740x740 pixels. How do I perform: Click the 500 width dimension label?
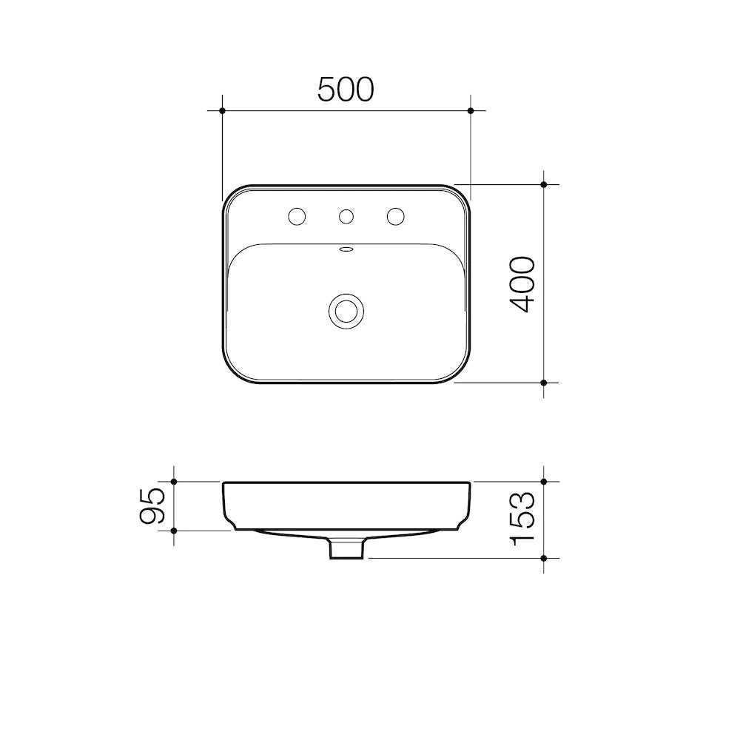(346, 90)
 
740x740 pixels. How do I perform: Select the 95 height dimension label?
(152, 506)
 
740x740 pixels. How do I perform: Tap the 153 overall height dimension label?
(522, 519)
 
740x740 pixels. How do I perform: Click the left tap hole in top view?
(297, 216)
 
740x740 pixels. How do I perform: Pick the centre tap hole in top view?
(346, 216)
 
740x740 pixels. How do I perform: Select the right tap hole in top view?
(395, 216)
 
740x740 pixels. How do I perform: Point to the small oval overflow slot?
(346, 249)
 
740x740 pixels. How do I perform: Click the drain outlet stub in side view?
(346, 549)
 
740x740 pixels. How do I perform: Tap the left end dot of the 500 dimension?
(222, 110)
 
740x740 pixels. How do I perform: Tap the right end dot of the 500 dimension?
(471, 110)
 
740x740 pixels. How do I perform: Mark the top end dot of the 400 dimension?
(544, 184)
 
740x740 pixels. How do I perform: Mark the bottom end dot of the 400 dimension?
(544, 383)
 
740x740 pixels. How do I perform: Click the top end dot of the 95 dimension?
(173, 482)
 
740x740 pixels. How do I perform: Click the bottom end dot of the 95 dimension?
(173, 531)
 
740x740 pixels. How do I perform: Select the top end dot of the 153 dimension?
(544, 482)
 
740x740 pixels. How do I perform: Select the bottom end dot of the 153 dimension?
(544, 557)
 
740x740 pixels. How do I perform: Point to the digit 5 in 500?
(327, 90)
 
